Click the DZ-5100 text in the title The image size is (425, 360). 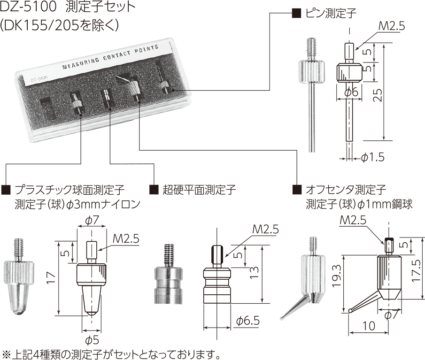point(28,8)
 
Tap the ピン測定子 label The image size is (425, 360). point(331,13)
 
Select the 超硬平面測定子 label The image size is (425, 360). point(199,190)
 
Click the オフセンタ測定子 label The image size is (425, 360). point(346,190)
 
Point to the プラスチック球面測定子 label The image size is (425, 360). point(70,190)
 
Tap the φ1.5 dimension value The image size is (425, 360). point(373,157)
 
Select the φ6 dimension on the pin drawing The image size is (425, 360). point(351,92)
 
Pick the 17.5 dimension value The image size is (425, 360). point(416,271)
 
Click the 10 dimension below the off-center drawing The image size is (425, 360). point(369,326)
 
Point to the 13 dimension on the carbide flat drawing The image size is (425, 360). point(254,273)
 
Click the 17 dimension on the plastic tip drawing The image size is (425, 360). point(51,278)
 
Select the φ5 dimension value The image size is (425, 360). point(92,340)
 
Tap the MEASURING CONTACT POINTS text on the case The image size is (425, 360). point(110,57)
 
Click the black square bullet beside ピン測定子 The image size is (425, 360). point(296,13)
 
